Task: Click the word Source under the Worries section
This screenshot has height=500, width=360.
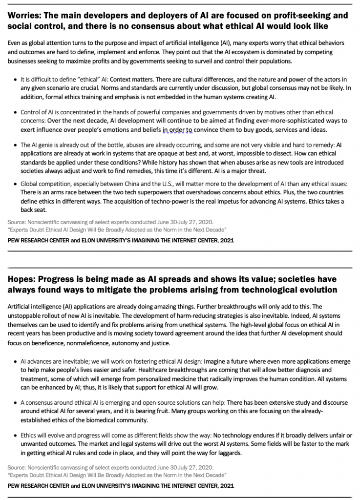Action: pos(17,222)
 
